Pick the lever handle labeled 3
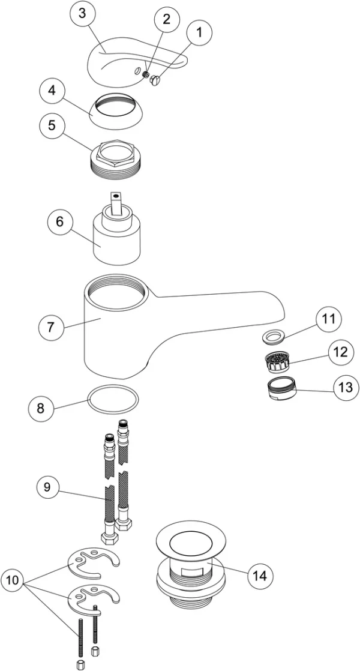120,60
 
